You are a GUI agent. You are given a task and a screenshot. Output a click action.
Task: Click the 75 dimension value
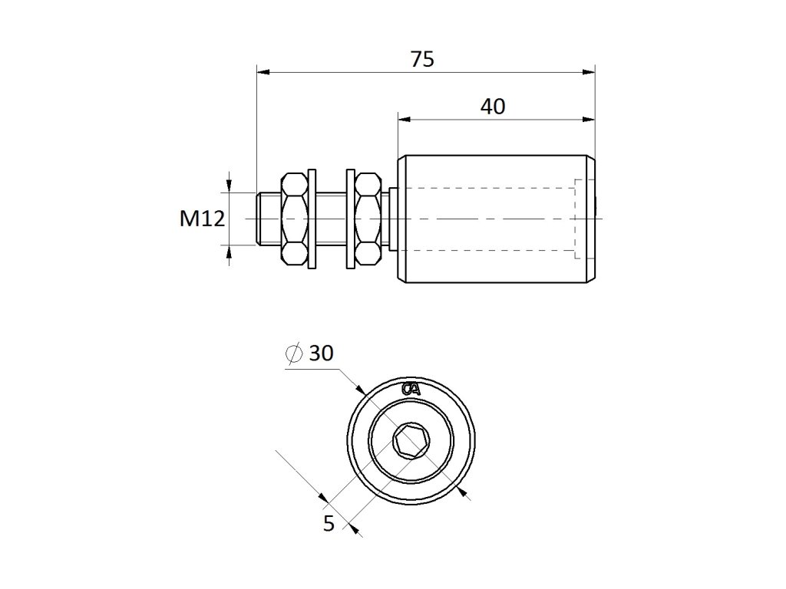coord(421,59)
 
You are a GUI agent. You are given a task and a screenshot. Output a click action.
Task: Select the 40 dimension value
coord(493,107)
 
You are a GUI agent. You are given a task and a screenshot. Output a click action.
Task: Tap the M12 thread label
coord(202,219)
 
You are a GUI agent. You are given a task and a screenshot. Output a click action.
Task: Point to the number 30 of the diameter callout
coord(321,354)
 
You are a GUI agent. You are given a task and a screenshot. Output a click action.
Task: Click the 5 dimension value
coord(329,525)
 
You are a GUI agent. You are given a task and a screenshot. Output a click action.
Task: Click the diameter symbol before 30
coord(292,354)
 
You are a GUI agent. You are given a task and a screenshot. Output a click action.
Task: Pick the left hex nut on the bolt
coord(294,219)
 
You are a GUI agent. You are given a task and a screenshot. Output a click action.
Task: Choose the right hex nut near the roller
coord(368,219)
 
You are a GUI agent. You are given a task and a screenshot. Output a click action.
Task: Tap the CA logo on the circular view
coord(411,389)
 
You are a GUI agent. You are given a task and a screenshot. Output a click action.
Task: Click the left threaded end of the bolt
coord(268,219)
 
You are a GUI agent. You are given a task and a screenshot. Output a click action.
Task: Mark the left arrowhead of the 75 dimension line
coord(261,74)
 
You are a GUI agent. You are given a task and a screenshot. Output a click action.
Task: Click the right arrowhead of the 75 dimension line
coord(590,74)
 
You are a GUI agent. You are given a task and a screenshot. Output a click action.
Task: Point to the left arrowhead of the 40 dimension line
coord(403,120)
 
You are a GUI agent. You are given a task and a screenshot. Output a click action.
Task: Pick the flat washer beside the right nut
coord(351,219)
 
